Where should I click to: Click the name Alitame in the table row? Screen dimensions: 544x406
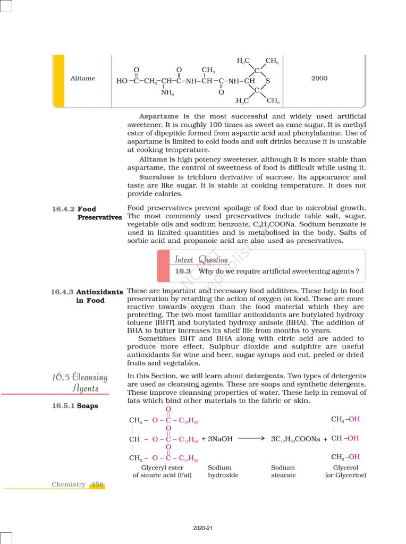[x=83, y=79]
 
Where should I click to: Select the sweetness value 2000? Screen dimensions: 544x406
[x=319, y=79]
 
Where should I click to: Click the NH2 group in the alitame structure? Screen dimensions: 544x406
[x=167, y=92]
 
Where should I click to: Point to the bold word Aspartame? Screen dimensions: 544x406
[x=158, y=116]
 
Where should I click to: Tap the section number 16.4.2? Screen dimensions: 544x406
[x=62, y=209]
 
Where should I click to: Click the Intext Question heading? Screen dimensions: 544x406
[x=201, y=259]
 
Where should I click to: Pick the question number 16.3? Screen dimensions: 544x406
[x=183, y=271]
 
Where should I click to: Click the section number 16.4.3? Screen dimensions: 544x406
[x=62, y=292]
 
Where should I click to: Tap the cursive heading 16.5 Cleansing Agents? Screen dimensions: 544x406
[x=80, y=382]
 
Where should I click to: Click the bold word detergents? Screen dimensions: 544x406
[x=265, y=376]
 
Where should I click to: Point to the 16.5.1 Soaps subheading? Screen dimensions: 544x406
[x=75, y=406]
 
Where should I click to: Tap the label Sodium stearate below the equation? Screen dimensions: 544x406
[x=283, y=471]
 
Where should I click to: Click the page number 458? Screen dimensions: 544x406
[x=97, y=484]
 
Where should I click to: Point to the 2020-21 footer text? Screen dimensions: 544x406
[x=202, y=528]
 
